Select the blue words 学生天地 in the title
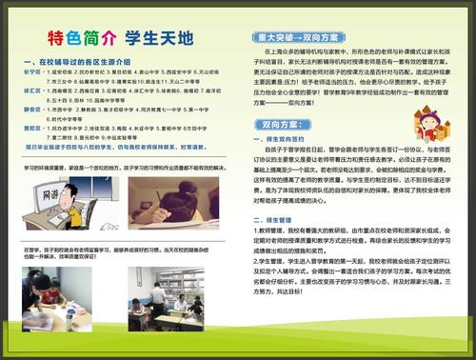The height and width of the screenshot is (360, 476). click(x=172, y=39)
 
